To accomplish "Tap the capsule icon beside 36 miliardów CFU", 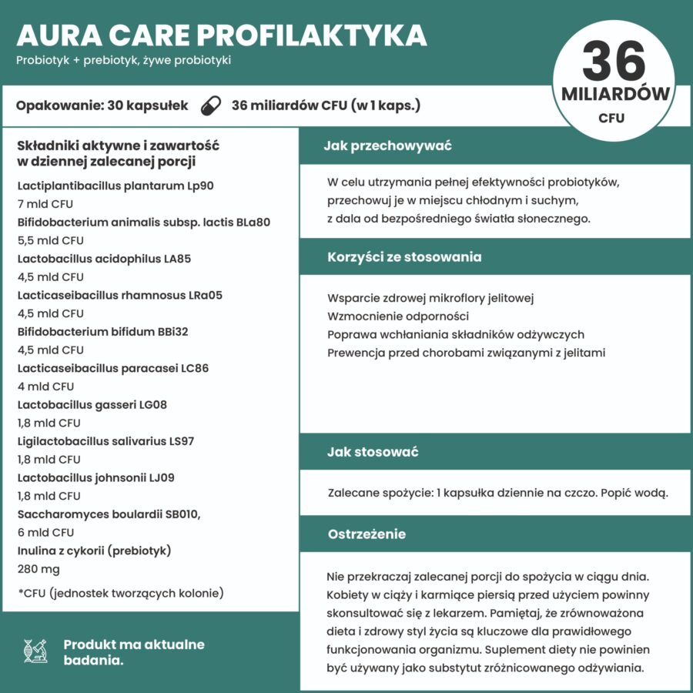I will point(209,105).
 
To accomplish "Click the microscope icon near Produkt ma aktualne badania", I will point(36,651).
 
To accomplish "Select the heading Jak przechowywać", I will point(387,146).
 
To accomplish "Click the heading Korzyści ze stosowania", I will point(404,256).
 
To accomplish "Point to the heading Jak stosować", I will point(373,452).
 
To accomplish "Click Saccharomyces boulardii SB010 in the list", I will point(113,514).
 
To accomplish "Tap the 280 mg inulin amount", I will point(38,569).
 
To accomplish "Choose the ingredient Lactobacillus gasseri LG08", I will point(92,404).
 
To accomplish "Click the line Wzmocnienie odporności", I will point(398,316).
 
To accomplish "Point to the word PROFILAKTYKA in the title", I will point(312,35).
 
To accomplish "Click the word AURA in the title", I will point(53,35).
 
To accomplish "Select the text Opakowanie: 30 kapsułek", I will point(102,105).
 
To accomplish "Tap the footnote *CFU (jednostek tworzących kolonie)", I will point(120,593).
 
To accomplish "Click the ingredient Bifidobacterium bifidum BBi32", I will point(102,332).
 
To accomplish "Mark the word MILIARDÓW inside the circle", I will point(615,95).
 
